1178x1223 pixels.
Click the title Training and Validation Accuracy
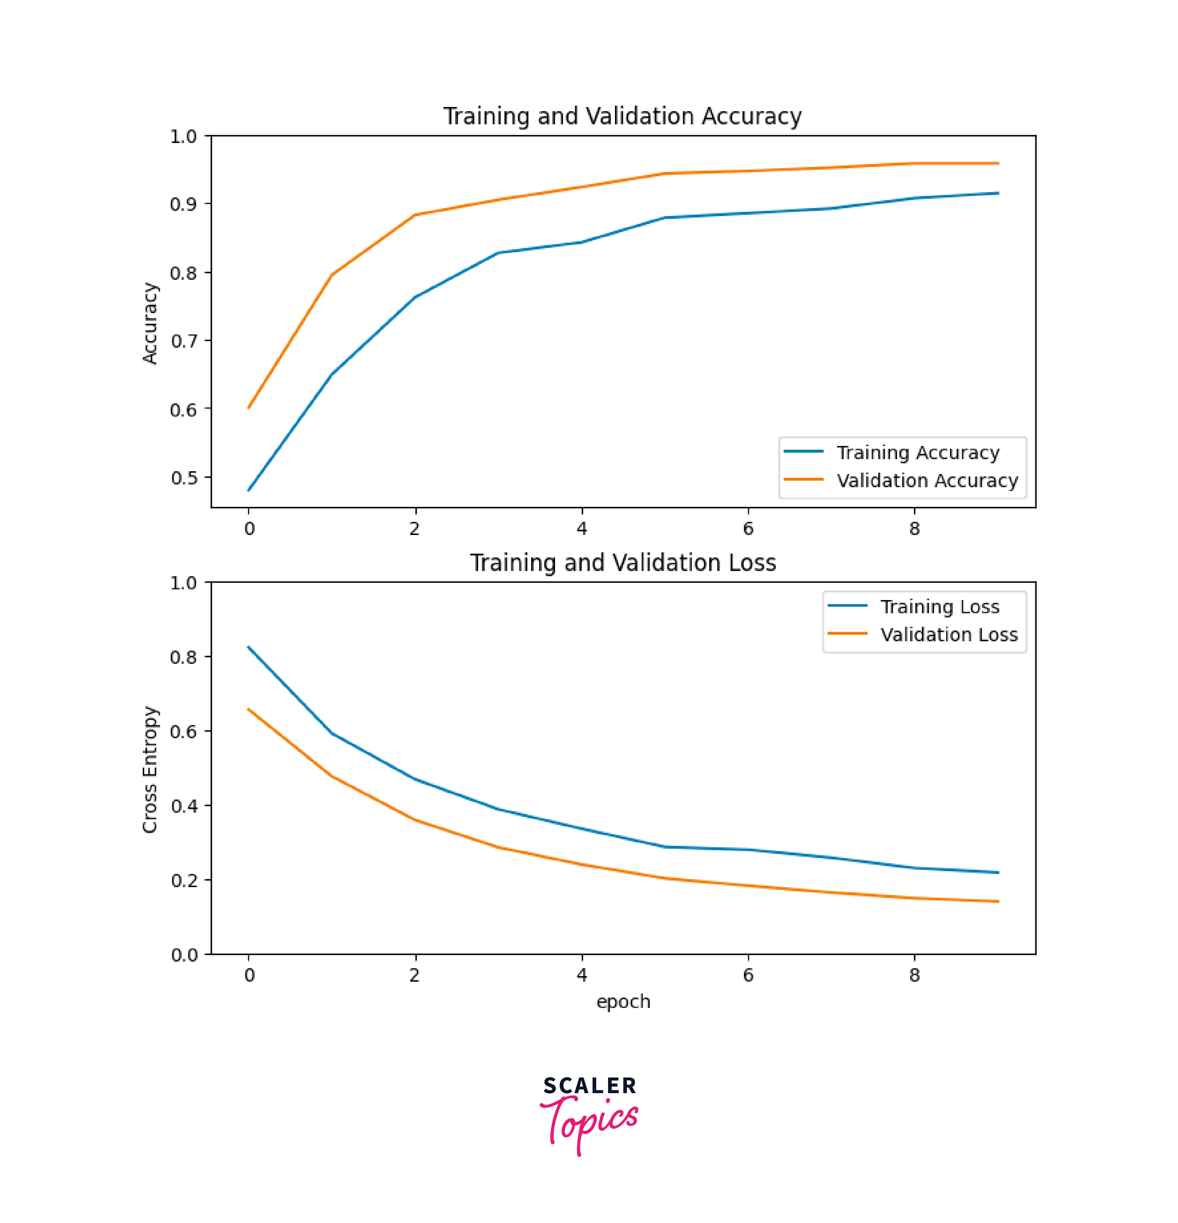click(622, 117)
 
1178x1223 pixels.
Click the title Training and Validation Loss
click(622, 563)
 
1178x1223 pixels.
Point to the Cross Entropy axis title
click(150, 769)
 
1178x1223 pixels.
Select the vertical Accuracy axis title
click(150, 323)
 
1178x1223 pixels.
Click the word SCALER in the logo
click(589, 1086)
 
